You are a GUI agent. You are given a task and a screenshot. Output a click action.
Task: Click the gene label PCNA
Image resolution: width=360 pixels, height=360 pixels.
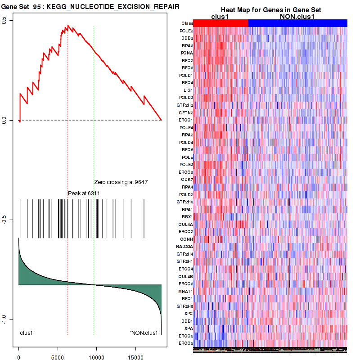coord(187,53)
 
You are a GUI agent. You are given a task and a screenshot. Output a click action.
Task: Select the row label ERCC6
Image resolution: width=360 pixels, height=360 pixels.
coord(186,343)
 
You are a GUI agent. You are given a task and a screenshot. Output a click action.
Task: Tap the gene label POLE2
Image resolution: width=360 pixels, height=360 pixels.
coord(186,31)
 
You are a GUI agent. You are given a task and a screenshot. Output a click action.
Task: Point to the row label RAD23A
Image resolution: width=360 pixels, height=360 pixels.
coord(184,247)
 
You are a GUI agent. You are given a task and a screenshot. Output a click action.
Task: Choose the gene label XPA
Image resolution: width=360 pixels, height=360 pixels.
coord(189,328)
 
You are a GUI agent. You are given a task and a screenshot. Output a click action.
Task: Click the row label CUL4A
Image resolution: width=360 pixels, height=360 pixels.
coord(186,224)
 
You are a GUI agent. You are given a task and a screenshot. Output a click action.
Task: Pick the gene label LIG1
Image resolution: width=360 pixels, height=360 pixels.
coord(188,90)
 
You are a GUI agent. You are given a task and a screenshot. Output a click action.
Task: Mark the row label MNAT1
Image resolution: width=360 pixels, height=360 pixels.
coord(186,291)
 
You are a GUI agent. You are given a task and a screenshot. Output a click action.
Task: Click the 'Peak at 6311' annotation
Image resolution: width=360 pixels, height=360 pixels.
coord(84,193)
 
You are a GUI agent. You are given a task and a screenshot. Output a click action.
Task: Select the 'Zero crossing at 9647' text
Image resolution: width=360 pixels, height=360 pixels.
coord(121,182)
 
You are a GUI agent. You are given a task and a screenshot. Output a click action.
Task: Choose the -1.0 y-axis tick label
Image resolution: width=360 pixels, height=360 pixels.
coord(4,319)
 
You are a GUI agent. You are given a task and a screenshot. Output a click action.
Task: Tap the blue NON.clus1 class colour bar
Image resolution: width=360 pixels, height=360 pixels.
coord(297,23)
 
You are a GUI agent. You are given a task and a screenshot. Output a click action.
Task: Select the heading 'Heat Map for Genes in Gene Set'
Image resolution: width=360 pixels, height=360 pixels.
coord(270,10)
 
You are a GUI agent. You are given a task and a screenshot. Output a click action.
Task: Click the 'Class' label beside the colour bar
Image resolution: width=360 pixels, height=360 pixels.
coord(187,23)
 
